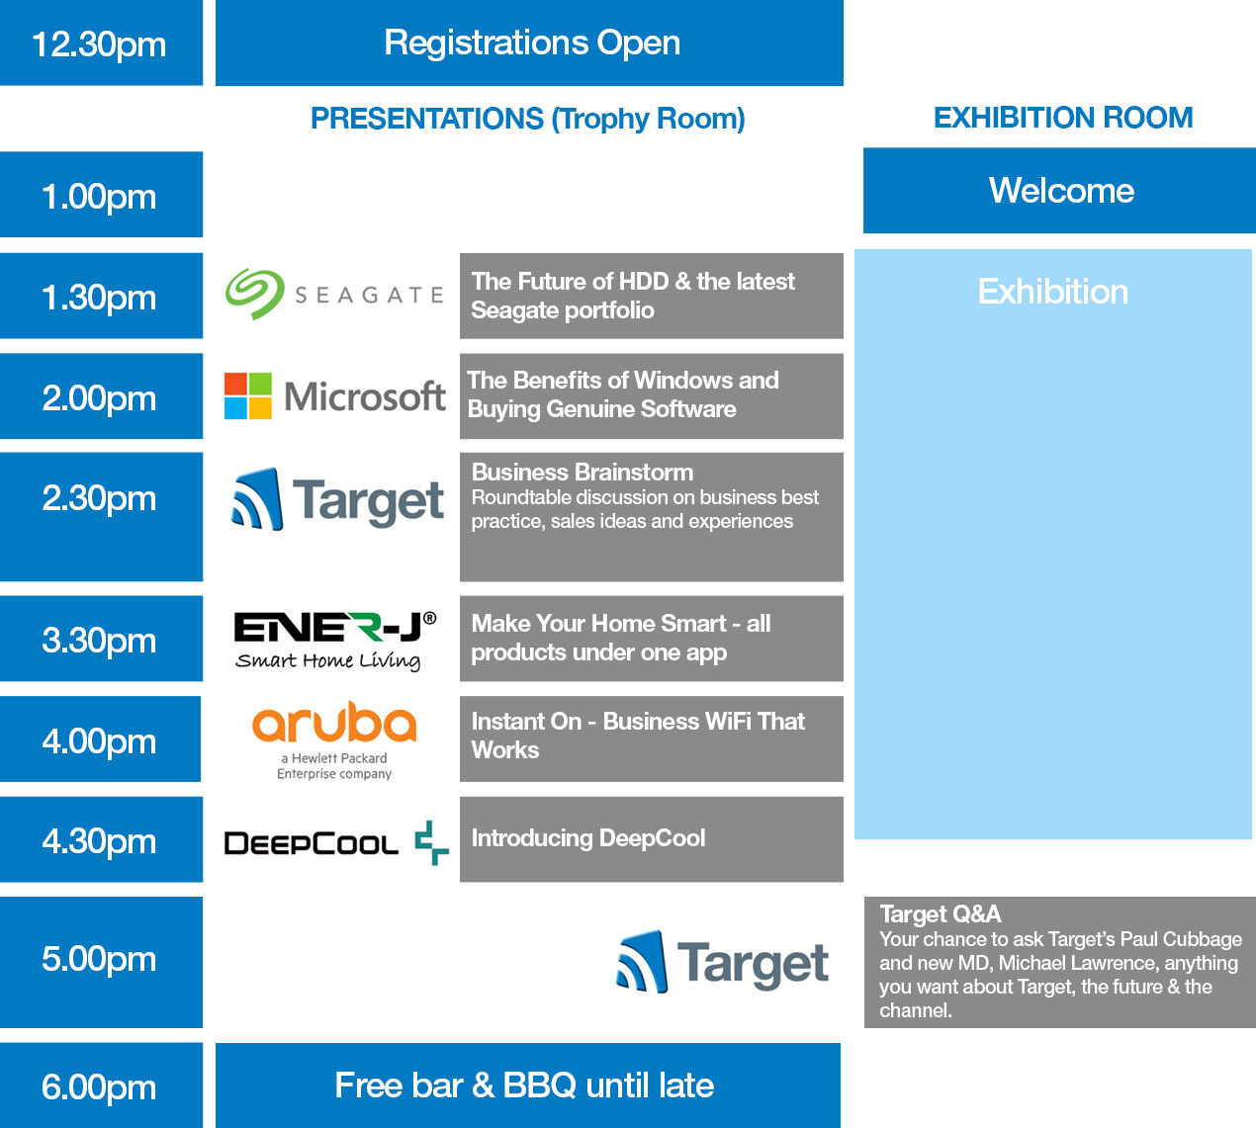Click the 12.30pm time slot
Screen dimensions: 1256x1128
[x=101, y=43]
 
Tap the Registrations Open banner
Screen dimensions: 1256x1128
[x=529, y=43]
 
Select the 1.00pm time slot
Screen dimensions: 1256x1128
[x=101, y=195]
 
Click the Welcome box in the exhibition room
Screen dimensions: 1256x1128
[x=1059, y=190]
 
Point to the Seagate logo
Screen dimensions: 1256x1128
[x=334, y=295]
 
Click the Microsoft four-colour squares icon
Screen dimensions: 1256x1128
[x=248, y=396]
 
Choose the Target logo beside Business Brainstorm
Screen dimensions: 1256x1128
[x=337, y=499]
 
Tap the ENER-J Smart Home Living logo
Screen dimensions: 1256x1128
[x=334, y=641]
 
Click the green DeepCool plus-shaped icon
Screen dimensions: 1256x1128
[x=431, y=842]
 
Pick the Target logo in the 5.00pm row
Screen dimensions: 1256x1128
[x=722, y=962]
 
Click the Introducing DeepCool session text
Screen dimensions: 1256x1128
[x=588, y=838]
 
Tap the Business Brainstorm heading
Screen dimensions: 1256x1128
[x=583, y=473]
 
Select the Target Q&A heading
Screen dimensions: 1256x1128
[x=940, y=914]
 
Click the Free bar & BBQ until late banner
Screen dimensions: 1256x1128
[x=528, y=1085]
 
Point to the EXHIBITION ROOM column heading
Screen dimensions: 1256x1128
[x=1063, y=118]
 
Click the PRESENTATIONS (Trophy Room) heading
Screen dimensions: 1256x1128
[x=527, y=119]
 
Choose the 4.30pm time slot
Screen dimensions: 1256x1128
[x=101, y=839]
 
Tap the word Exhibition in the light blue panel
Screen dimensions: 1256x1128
[x=1052, y=292]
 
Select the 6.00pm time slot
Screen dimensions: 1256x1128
[x=101, y=1085]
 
